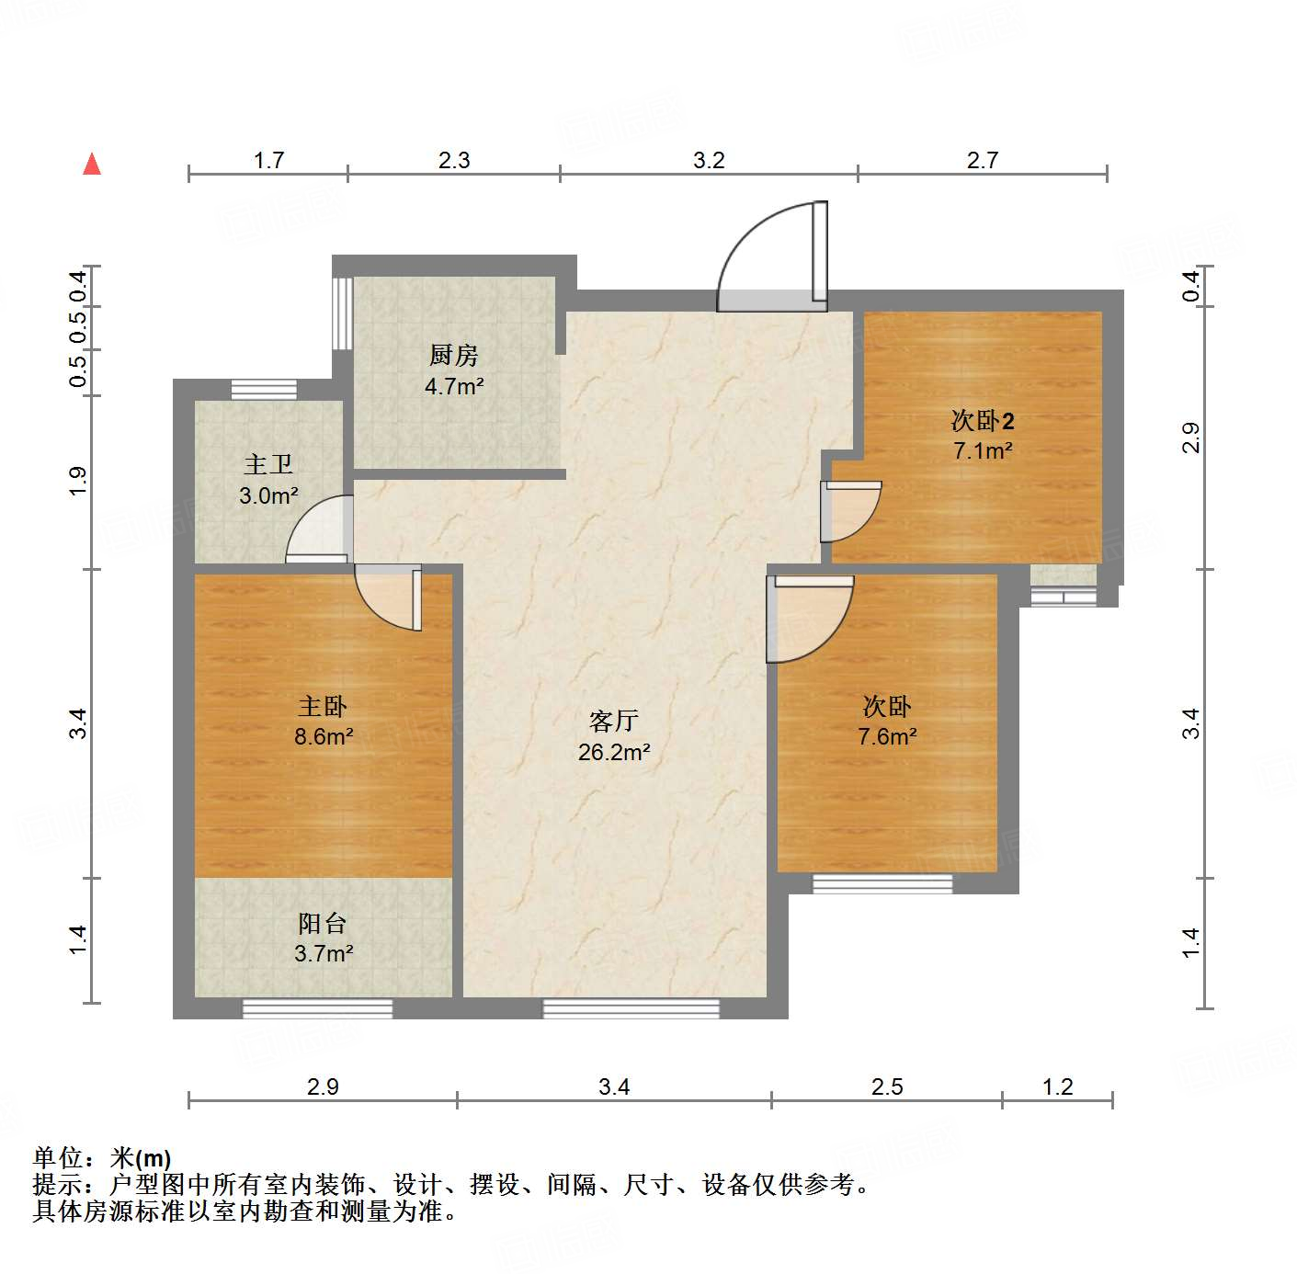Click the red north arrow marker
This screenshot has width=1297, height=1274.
coord(92,165)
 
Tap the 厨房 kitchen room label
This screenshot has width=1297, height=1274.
coord(453,355)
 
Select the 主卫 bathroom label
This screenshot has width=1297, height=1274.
coord(267,464)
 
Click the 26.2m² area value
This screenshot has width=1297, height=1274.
coord(614,752)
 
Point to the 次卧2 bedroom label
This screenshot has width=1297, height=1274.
coord(982,421)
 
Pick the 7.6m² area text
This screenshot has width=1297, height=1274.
coord(887,736)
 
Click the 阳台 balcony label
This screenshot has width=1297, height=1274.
coord(323,924)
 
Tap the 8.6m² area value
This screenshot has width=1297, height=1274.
coord(324,736)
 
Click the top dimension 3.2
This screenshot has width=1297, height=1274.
coord(709,161)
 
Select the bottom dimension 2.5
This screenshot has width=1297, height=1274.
coord(887,1086)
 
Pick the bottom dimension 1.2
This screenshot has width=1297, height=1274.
coord(1057,1086)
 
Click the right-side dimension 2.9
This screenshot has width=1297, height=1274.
coord(1191,438)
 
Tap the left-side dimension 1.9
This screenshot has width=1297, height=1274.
coord(78,482)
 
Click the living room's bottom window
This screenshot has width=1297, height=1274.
coord(631,1008)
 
